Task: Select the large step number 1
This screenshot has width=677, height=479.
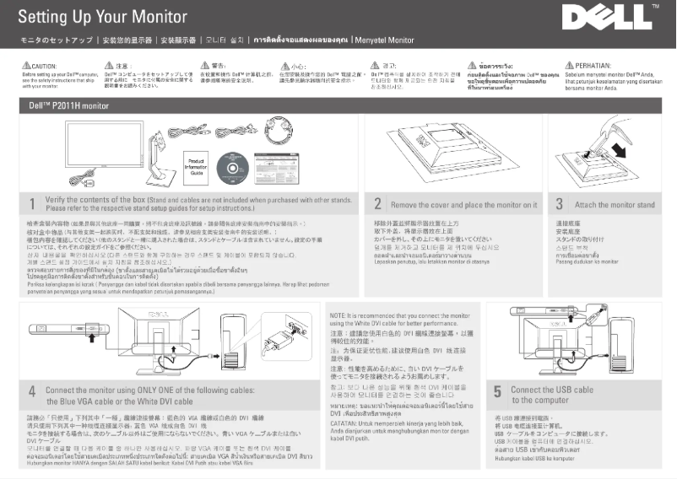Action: pos(30,204)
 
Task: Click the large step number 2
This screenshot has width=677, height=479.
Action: pos(377,204)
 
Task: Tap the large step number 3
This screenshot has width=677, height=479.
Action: pos(559,204)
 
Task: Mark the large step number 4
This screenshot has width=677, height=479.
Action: pos(30,391)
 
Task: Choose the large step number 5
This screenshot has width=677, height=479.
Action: pos(497,392)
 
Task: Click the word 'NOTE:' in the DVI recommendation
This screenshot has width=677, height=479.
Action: pos(337,315)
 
